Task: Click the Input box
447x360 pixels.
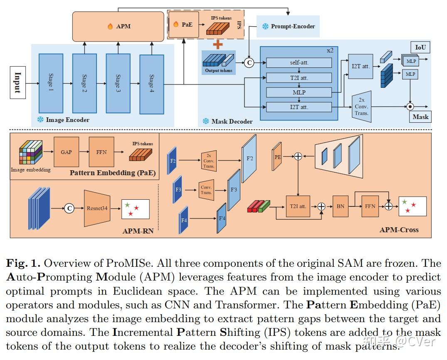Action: coord(18,83)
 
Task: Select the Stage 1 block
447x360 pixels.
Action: coord(51,83)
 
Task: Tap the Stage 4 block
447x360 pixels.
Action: coord(152,84)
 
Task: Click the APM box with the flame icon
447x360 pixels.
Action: coord(119,26)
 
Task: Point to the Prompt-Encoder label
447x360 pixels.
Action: coord(293,26)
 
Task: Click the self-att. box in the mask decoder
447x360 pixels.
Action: coord(299,62)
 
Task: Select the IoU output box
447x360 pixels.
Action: coord(420,47)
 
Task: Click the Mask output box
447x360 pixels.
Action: coord(420,117)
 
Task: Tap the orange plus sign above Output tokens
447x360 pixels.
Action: coord(218,45)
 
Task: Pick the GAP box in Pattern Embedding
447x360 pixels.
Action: coord(66,152)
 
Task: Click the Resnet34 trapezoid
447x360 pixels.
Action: coord(97,208)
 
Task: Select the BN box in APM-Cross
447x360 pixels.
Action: coord(341,206)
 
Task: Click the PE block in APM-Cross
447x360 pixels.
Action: coord(277,156)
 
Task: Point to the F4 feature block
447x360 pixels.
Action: coord(184,220)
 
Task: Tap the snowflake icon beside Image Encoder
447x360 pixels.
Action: coord(40,119)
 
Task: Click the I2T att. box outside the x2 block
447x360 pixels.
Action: coord(361,67)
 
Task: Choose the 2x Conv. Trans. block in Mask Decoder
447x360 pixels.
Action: coord(361,107)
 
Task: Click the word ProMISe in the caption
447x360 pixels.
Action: coord(128,263)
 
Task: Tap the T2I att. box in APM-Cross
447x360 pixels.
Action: coord(298,206)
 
